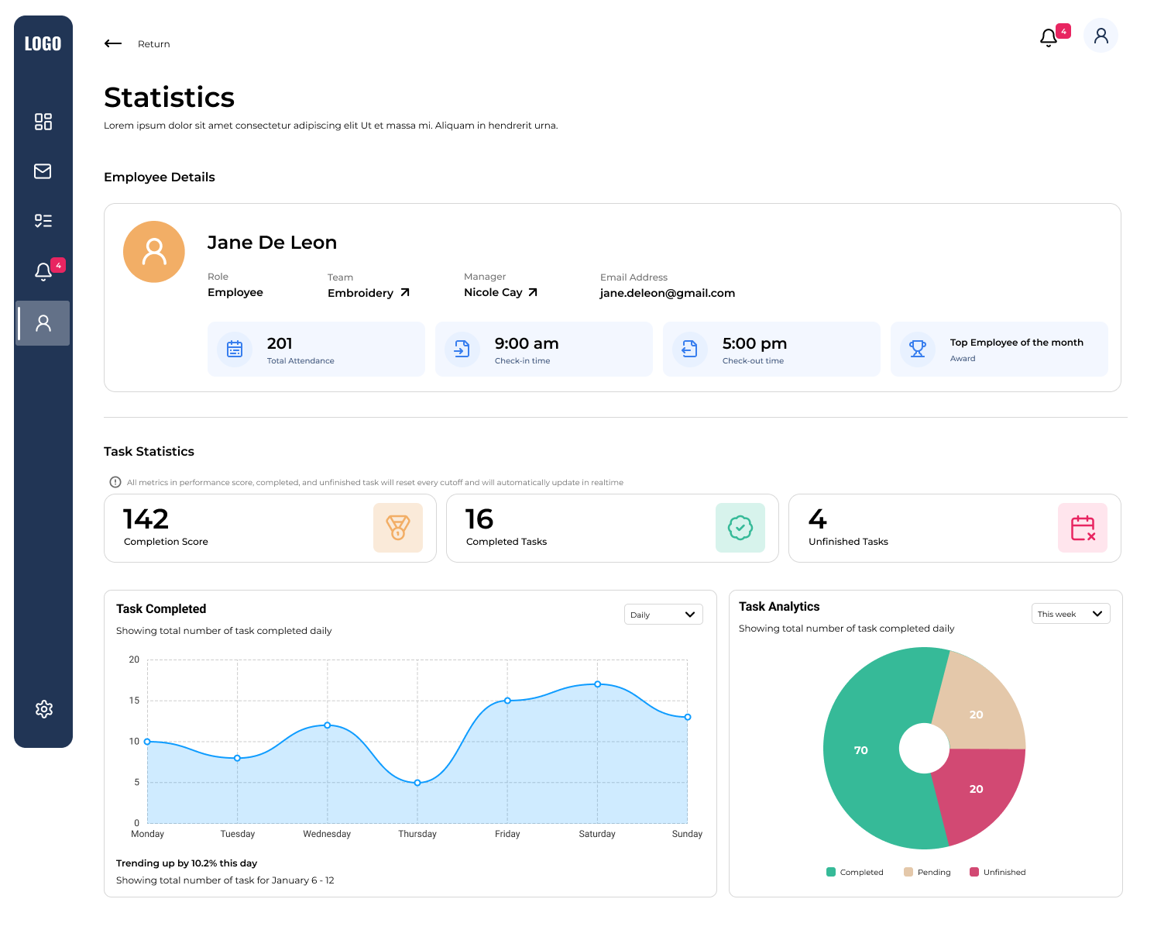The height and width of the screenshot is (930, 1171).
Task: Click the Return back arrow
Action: coord(113,43)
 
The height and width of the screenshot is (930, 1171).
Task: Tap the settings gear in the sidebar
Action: coord(44,709)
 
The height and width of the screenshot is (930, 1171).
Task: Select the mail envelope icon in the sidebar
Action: coord(43,171)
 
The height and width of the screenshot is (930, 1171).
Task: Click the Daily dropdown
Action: coord(663,615)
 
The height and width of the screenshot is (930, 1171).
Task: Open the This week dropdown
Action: coord(1070,614)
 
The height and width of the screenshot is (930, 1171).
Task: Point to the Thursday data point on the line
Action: coord(417,783)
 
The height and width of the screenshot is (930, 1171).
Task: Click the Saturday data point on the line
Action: coord(597,684)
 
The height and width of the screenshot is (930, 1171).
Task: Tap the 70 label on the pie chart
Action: coord(860,750)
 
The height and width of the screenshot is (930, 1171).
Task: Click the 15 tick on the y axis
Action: coord(134,701)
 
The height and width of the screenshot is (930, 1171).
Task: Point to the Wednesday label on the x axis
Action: coord(327,834)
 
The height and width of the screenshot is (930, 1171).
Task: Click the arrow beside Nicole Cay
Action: coord(533,292)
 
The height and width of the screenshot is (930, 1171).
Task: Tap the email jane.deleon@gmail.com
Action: coord(667,293)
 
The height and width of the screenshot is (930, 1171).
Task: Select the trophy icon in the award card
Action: coord(918,349)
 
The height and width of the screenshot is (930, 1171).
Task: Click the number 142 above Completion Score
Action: coord(146,518)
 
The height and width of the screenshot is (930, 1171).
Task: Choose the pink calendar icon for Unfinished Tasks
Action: coord(1082,528)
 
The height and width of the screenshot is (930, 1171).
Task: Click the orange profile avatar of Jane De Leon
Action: coord(154,252)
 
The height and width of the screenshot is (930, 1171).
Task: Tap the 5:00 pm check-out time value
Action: coord(754,343)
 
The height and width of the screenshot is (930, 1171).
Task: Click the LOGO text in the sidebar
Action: coord(43,44)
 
